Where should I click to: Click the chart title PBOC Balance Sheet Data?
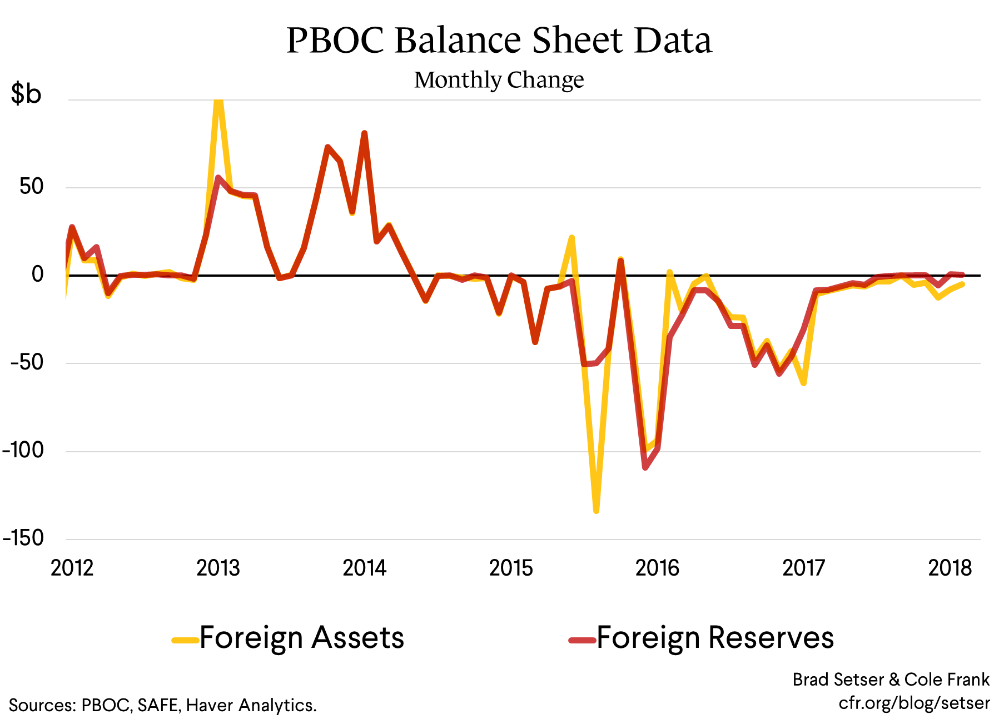pyautogui.click(x=499, y=40)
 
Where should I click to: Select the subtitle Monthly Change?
pyautogui.click(x=499, y=80)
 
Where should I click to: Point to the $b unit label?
pyautogui.click(x=26, y=93)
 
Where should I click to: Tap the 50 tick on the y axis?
pyautogui.click(x=32, y=187)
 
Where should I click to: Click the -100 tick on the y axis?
pyautogui.click(x=23, y=450)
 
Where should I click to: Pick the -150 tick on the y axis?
pyautogui.click(x=23, y=538)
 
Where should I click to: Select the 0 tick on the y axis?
pyautogui.click(x=37, y=274)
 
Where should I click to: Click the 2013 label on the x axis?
pyautogui.click(x=218, y=568)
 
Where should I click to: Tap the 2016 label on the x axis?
pyautogui.click(x=657, y=568)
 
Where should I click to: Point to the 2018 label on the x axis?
pyautogui.click(x=950, y=568)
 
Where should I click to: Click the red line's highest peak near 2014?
pyautogui.click(x=364, y=133)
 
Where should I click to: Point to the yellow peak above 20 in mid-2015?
pyautogui.click(x=571, y=238)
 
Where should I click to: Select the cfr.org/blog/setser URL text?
pyautogui.click(x=914, y=703)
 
